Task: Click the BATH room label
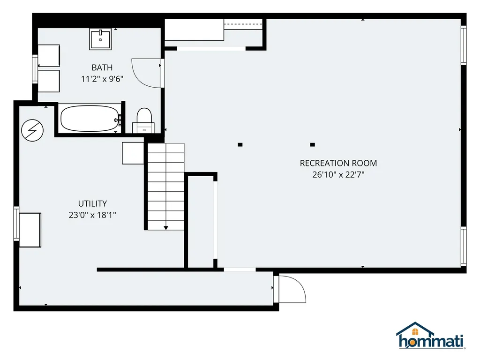point(102,67)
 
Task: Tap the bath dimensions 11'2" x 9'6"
point(102,79)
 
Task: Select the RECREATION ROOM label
point(338,163)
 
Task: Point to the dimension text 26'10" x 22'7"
point(338,174)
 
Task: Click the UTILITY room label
point(92,203)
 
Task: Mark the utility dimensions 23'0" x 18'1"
point(92,215)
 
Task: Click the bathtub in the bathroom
point(90,119)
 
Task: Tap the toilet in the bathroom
point(144,120)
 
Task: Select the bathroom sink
point(100,39)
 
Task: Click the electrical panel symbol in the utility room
point(32,130)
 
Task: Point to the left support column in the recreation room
point(240,145)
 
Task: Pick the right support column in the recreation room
point(313,145)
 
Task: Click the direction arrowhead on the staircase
point(166,228)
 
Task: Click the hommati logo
point(431,336)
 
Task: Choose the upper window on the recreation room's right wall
point(464,45)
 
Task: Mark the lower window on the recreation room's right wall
point(464,247)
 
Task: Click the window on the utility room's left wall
point(16,224)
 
